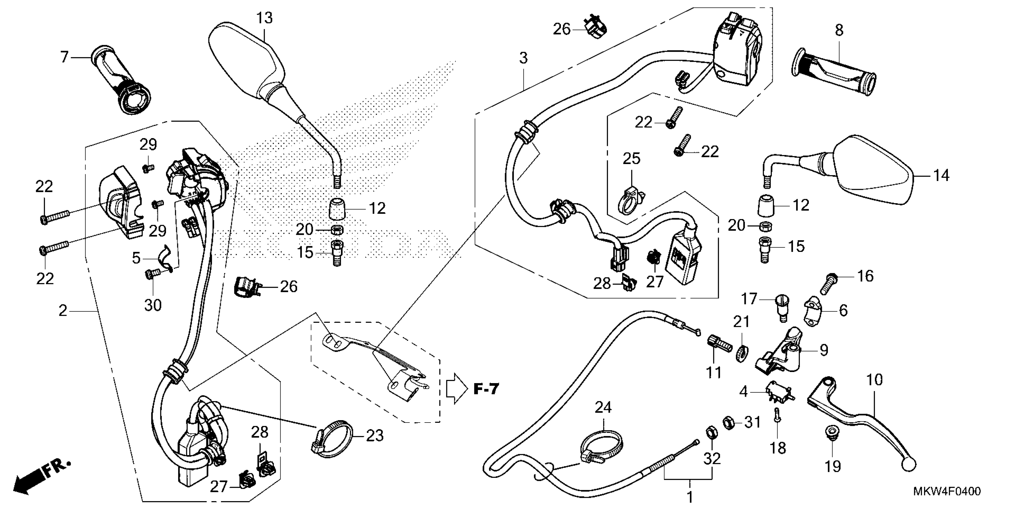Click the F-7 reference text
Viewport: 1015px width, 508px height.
[486, 390]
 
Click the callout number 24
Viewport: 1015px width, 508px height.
[603, 407]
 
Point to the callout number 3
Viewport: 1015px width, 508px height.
[523, 58]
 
